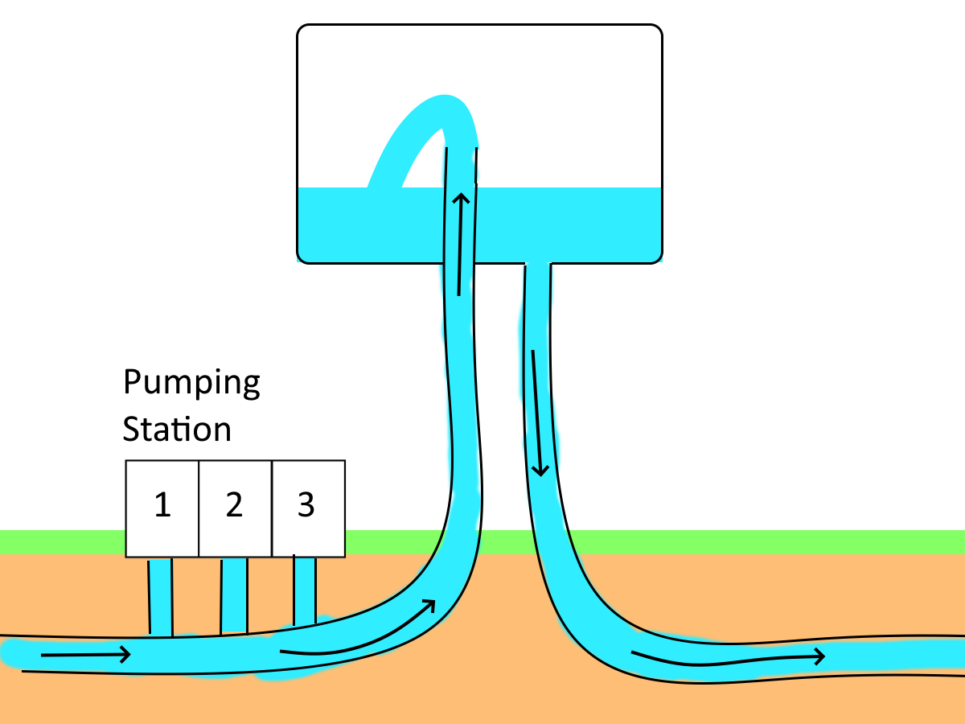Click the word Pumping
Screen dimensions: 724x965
pos(191,384)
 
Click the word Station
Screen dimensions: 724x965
pos(177,429)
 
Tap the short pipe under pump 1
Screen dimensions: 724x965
pos(161,596)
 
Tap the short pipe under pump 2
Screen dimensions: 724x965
pos(234,595)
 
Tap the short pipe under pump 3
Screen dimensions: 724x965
pos(304,591)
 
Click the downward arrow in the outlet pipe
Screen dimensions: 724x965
pos(537,410)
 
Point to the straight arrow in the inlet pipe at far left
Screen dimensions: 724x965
pos(85,655)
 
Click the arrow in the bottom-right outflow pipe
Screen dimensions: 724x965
pos(728,658)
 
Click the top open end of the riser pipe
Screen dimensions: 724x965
pos(462,150)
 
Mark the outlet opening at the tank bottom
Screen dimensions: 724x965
pos(538,265)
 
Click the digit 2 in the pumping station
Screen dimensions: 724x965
pos(234,505)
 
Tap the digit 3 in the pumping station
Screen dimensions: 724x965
pos(306,505)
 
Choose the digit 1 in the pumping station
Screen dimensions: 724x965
pos(162,505)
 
